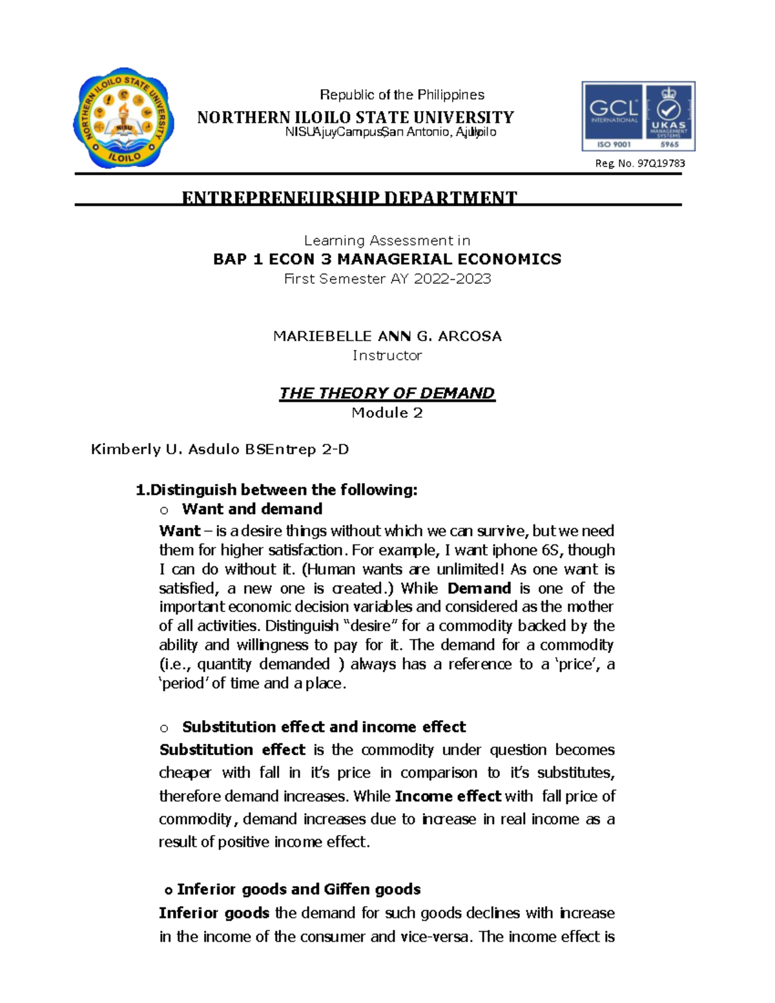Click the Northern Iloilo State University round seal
click(x=123, y=118)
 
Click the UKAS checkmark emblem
click(x=668, y=110)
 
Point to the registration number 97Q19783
click(x=661, y=163)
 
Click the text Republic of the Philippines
click(x=402, y=95)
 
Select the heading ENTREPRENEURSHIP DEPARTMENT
click(x=349, y=198)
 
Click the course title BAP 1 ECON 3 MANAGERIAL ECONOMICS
click(x=387, y=260)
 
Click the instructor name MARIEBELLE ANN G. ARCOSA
click(x=387, y=336)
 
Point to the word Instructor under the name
click(x=387, y=356)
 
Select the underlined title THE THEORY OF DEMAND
click(x=387, y=393)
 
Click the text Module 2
click(x=387, y=413)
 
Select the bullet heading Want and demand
click(x=252, y=509)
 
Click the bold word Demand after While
click(x=479, y=588)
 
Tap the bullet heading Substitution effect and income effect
click(x=324, y=727)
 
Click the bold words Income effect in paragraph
click(x=448, y=796)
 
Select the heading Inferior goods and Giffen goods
click(x=298, y=889)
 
